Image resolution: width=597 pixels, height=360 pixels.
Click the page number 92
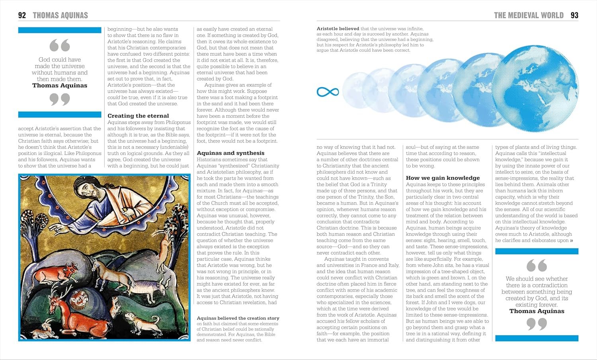click(22, 16)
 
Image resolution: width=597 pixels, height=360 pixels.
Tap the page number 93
click(574, 16)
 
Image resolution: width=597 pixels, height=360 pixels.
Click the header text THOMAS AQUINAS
click(60, 16)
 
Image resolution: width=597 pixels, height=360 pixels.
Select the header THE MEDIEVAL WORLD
click(529, 16)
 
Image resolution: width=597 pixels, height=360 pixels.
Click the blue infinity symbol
click(328, 92)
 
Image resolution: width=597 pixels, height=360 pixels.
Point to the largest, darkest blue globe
click(535, 88)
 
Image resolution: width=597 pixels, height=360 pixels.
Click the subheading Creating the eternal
click(138, 116)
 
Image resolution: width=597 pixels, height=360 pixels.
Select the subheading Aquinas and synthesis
click(230, 153)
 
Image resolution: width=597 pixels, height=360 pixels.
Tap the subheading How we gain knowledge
click(443, 178)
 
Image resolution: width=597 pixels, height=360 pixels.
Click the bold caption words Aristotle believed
click(338, 29)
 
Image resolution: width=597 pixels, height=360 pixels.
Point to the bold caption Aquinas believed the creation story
click(238, 318)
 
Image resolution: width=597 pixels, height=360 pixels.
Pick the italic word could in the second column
click(113, 98)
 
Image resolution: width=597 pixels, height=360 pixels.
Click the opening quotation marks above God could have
click(60, 45)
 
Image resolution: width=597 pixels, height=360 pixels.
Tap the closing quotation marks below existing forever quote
click(537, 324)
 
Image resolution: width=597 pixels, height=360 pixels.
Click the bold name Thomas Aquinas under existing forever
click(537, 311)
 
